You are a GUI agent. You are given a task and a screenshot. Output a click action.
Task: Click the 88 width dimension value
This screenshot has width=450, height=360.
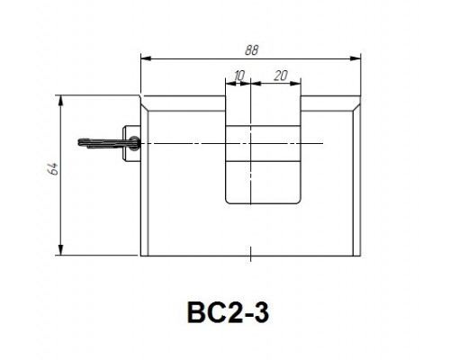[x=251, y=50]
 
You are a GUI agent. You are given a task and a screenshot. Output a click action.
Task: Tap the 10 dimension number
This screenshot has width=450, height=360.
[x=239, y=76]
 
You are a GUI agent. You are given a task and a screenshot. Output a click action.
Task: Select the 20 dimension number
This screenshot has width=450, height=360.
[x=281, y=76]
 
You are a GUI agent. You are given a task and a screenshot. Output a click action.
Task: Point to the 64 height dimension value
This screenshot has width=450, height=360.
[x=54, y=169]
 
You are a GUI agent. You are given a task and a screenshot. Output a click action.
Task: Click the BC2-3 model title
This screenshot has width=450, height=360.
[x=228, y=312]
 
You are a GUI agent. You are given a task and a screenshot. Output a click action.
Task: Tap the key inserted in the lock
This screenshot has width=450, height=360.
[x=109, y=143]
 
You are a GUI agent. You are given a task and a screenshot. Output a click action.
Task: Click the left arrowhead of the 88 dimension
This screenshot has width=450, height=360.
[x=146, y=58]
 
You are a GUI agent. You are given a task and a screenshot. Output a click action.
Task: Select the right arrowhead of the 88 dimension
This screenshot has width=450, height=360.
[x=355, y=58]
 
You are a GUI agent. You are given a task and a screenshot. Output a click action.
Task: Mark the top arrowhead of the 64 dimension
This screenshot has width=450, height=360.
[x=61, y=101]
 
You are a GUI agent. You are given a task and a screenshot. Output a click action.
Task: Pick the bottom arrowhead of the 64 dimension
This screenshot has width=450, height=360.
[x=61, y=250]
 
